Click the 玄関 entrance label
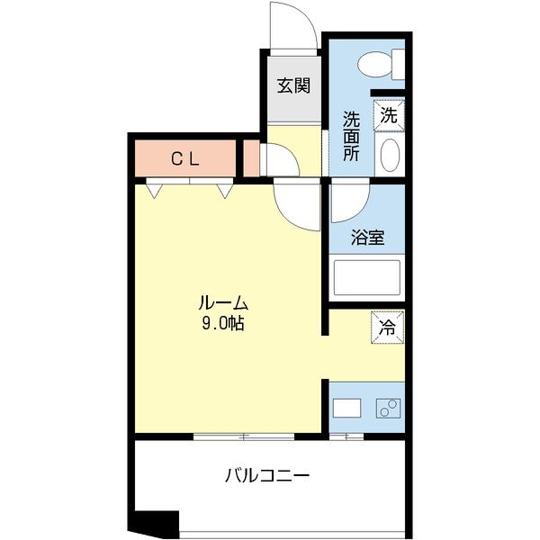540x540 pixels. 293,86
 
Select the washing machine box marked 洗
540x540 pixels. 388,114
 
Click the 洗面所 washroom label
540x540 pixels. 351,135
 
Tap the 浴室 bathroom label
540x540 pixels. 367,238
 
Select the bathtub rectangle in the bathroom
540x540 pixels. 366,276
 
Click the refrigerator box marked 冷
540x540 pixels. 388,326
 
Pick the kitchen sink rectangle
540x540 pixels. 346,408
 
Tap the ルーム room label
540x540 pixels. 223,303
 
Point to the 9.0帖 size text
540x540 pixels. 223,323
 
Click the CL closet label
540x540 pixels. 185,159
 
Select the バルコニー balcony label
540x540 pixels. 267,475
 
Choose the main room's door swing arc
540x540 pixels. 298,205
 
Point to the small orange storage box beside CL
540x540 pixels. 251,159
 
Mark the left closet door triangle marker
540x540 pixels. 155,190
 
